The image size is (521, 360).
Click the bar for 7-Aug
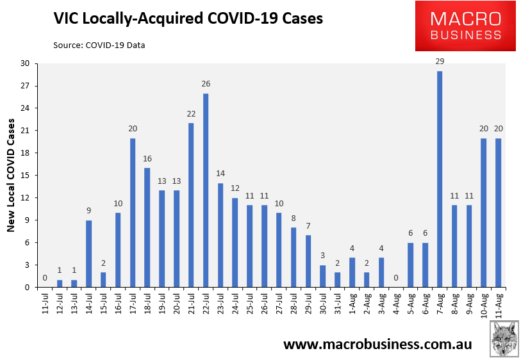440,179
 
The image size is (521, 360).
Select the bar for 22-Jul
206,190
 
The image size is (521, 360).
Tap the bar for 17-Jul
133,213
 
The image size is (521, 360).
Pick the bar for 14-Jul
88,254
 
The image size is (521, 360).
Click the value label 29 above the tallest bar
440,61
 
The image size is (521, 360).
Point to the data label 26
206,84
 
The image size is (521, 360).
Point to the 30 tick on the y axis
25,63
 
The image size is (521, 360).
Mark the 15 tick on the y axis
25,176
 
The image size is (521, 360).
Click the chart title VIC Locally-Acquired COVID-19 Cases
188,19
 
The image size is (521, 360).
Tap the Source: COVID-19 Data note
99,45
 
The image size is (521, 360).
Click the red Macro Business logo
465,26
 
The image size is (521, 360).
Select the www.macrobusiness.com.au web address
377,345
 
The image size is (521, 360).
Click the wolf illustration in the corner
504,339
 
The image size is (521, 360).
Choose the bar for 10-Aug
484,213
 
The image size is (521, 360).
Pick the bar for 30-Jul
322,276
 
